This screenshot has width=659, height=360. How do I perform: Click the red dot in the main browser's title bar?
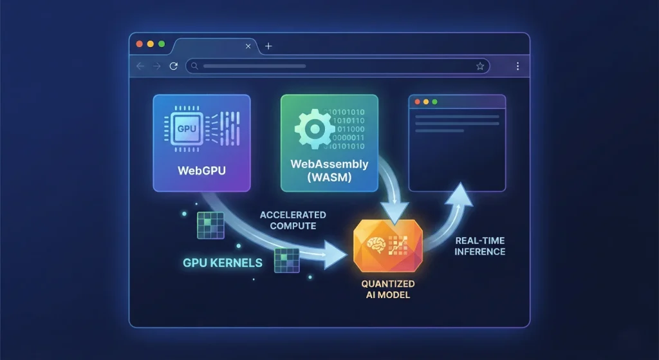pyautogui.click(x=140, y=44)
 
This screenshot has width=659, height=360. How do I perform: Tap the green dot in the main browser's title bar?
pyautogui.click(x=162, y=44)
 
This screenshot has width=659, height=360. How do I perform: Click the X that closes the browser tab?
pyautogui.click(x=248, y=46)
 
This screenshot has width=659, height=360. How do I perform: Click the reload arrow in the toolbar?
pyautogui.click(x=174, y=66)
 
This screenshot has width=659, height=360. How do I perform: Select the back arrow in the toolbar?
pyautogui.click(x=140, y=66)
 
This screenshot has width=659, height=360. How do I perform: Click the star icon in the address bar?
pyautogui.click(x=480, y=66)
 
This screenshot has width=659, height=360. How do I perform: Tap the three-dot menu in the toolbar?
pyautogui.click(x=518, y=66)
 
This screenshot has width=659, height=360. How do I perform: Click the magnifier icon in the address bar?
pyautogui.click(x=194, y=66)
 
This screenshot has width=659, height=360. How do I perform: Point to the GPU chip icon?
pyautogui.click(x=187, y=129)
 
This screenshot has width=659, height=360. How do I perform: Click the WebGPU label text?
pyautogui.click(x=201, y=170)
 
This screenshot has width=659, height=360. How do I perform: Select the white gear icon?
pyautogui.click(x=314, y=129)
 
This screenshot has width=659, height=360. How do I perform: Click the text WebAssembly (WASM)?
pyautogui.click(x=329, y=170)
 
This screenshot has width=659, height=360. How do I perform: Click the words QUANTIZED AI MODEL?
pyautogui.click(x=388, y=289)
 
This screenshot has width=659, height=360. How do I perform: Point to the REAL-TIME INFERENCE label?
pyautogui.click(x=480, y=246)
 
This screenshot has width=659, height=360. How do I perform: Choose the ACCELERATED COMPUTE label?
pyautogui.click(x=293, y=220)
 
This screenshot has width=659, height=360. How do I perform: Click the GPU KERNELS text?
pyautogui.click(x=223, y=263)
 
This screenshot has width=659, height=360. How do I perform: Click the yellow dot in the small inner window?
pyautogui.click(x=426, y=102)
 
